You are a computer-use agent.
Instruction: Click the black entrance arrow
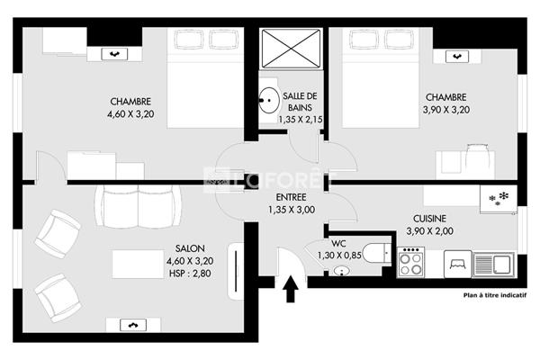pyautogui.click(x=291, y=289)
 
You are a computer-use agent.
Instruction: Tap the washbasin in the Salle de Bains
pyautogui.click(x=269, y=100)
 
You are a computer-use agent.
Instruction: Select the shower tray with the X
pyautogui.click(x=291, y=49)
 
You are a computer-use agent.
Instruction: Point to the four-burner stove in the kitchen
pyautogui.click(x=411, y=263)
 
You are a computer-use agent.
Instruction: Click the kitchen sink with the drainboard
pyautogui.click(x=493, y=265)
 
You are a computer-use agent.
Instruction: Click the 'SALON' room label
pyautogui.click(x=190, y=248)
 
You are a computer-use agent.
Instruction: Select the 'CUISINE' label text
pyautogui.click(x=429, y=219)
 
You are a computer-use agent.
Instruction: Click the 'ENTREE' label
pyautogui.click(x=292, y=197)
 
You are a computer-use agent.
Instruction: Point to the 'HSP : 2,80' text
pyautogui.click(x=190, y=274)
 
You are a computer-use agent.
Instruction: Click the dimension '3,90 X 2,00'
pyautogui.click(x=429, y=231)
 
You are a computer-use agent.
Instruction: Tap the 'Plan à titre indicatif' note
pyautogui.click(x=494, y=295)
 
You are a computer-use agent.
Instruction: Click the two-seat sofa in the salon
pyautogui.click(x=138, y=206)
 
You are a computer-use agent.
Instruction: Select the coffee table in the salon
pyautogui.click(x=138, y=264)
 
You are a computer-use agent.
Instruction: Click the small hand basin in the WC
pyautogui.click(x=341, y=271)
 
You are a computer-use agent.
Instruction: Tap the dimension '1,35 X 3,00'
pyautogui.click(x=292, y=210)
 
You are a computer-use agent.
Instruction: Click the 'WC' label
pyautogui.click(x=338, y=243)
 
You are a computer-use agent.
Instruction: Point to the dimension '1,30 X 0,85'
pyautogui.click(x=339, y=256)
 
